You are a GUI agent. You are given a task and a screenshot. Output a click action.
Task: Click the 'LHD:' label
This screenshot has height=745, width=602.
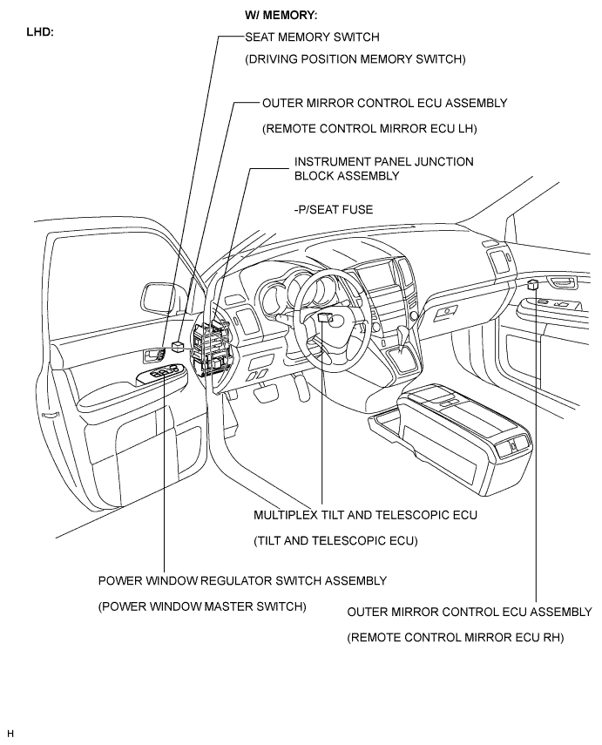point(40,32)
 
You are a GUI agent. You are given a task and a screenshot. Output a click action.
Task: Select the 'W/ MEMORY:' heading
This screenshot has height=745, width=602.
point(281,15)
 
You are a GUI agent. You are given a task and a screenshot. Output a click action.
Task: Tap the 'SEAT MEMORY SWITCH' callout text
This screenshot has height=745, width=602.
point(312,37)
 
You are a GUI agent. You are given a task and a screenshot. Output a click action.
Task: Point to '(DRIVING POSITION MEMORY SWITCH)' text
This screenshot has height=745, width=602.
point(355,59)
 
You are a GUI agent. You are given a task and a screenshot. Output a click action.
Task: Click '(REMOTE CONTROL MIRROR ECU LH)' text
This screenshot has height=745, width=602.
point(369,129)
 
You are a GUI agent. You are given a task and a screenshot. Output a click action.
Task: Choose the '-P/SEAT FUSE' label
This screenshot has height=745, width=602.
point(334,209)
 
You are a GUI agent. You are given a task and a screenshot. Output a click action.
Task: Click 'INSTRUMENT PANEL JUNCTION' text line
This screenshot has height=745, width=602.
point(384,161)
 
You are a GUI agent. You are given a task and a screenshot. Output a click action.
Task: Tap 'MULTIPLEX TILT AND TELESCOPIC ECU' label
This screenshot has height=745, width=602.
point(365,515)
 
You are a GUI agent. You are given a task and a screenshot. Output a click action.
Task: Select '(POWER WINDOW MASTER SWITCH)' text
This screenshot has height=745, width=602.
point(202,606)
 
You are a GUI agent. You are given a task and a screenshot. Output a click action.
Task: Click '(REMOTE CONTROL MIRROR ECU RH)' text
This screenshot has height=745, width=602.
point(455,638)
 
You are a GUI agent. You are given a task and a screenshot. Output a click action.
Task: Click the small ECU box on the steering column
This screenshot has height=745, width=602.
point(324,318)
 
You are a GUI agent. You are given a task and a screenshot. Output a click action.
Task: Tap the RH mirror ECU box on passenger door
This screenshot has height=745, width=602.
point(533,285)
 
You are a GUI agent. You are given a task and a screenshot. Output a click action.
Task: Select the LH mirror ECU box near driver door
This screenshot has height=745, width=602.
point(178,346)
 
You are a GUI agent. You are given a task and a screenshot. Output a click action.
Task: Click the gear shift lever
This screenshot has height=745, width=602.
point(404,340)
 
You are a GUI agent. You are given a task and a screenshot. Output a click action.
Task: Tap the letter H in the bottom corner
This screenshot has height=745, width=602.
point(10,734)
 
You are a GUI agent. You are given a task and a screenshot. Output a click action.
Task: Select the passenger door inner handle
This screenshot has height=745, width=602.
point(563,281)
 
